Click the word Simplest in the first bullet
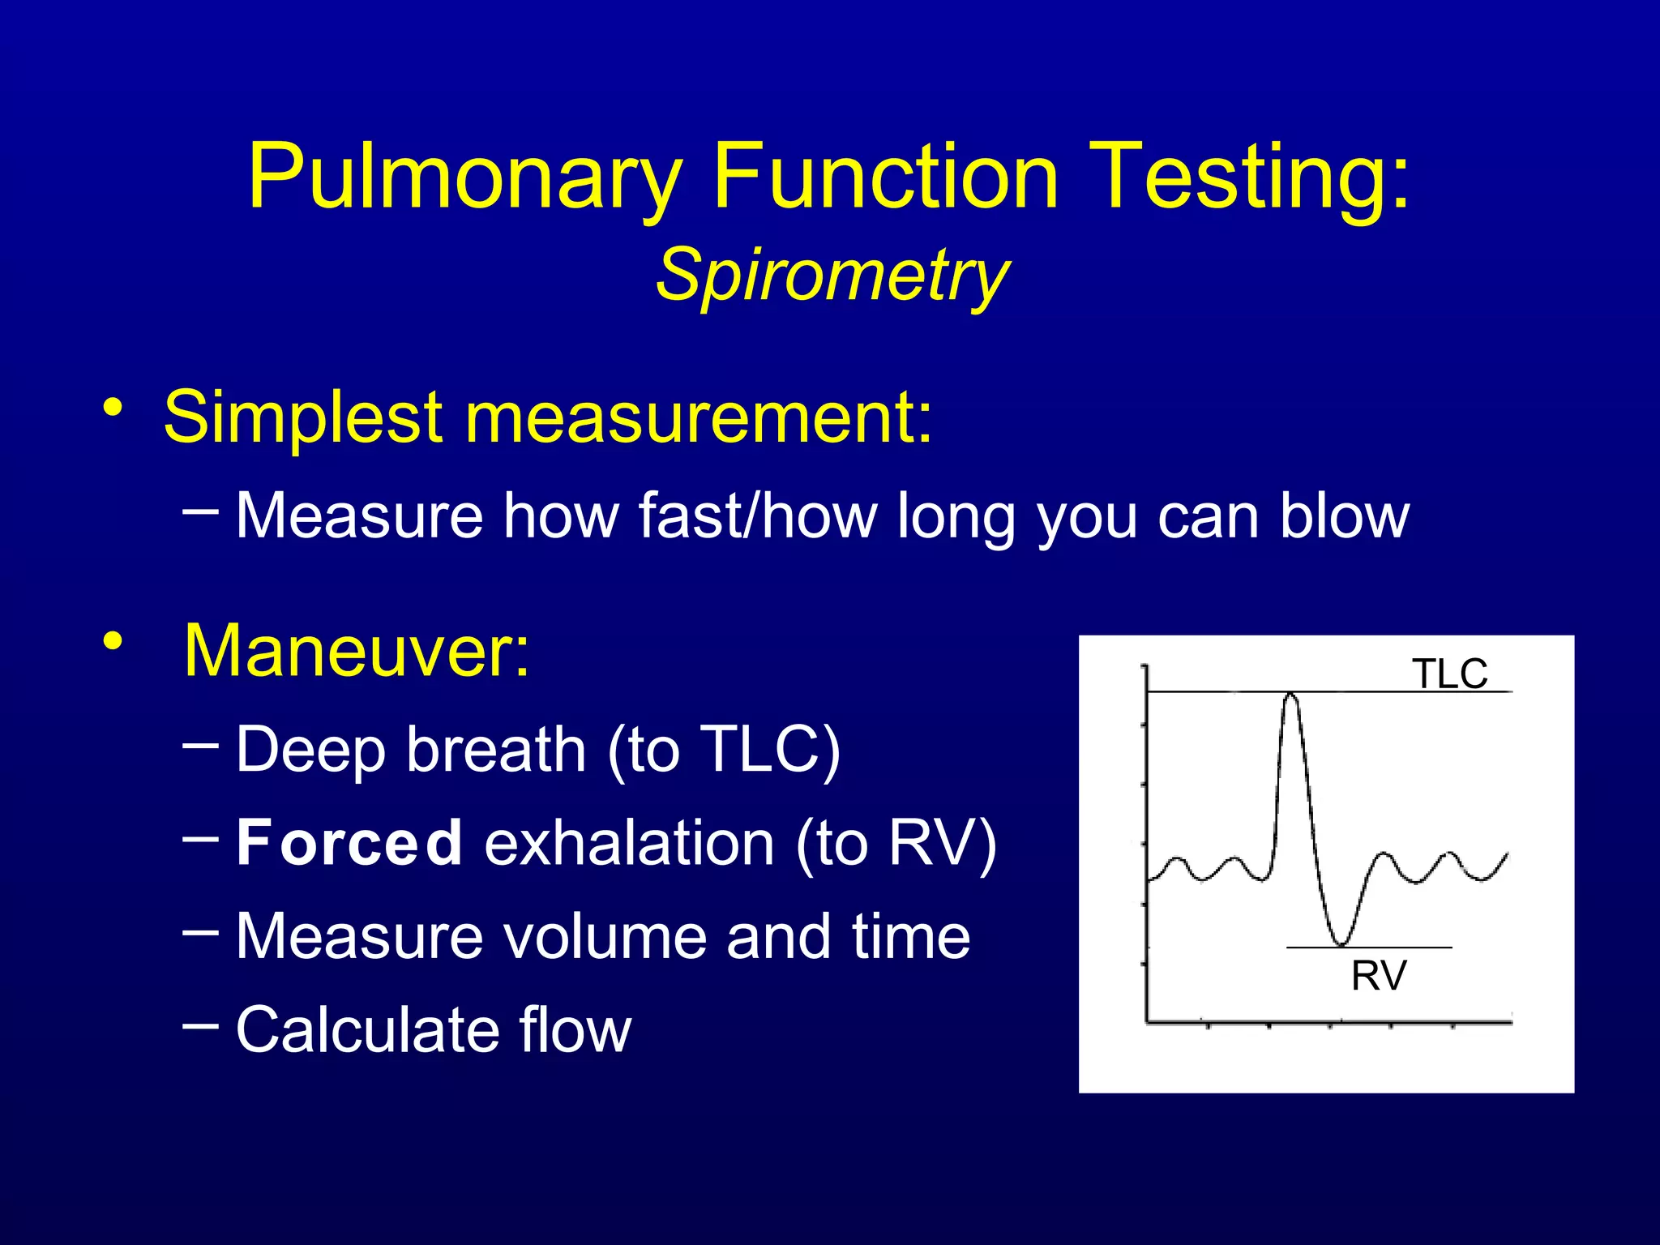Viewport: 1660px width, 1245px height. coord(303,418)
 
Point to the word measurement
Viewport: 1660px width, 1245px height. coord(697,418)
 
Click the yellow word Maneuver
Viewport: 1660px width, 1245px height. coord(357,651)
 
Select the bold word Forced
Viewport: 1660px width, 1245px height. coord(349,843)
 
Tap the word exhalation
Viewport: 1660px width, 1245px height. coord(629,843)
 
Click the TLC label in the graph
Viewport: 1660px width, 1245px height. coord(1449,674)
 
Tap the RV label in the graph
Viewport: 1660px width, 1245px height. coord(1378,975)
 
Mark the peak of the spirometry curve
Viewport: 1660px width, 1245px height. coord(1290,695)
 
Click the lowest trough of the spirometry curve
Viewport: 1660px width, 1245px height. coord(1341,944)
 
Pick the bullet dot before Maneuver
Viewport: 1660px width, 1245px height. coord(113,641)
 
